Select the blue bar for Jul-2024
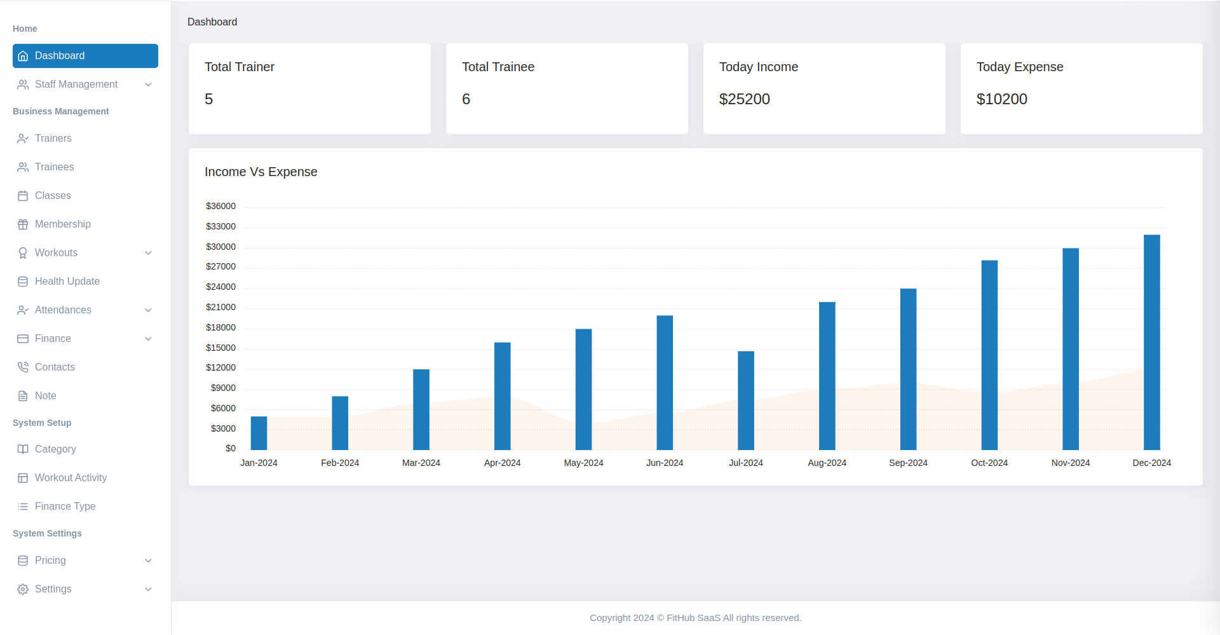click(746, 400)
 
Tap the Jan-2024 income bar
click(259, 433)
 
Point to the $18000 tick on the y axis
click(220, 327)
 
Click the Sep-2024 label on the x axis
click(908, 463)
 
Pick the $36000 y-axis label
click(220, 206)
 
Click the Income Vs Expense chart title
click(261, 172)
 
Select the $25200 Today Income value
click(744, 99)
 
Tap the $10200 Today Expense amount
click(1001, 99)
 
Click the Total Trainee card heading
click(498, 67)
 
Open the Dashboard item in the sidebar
click(85, 56)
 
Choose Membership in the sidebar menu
click(62, 224)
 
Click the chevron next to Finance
click(148, 339)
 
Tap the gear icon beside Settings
click(23, 589)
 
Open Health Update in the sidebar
click(67, 281)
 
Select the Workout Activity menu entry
click(71, 477)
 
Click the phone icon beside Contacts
click(23, 367)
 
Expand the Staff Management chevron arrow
click(148, 85)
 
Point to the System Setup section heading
click(42, 423)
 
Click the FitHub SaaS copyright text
click(695, 618)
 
